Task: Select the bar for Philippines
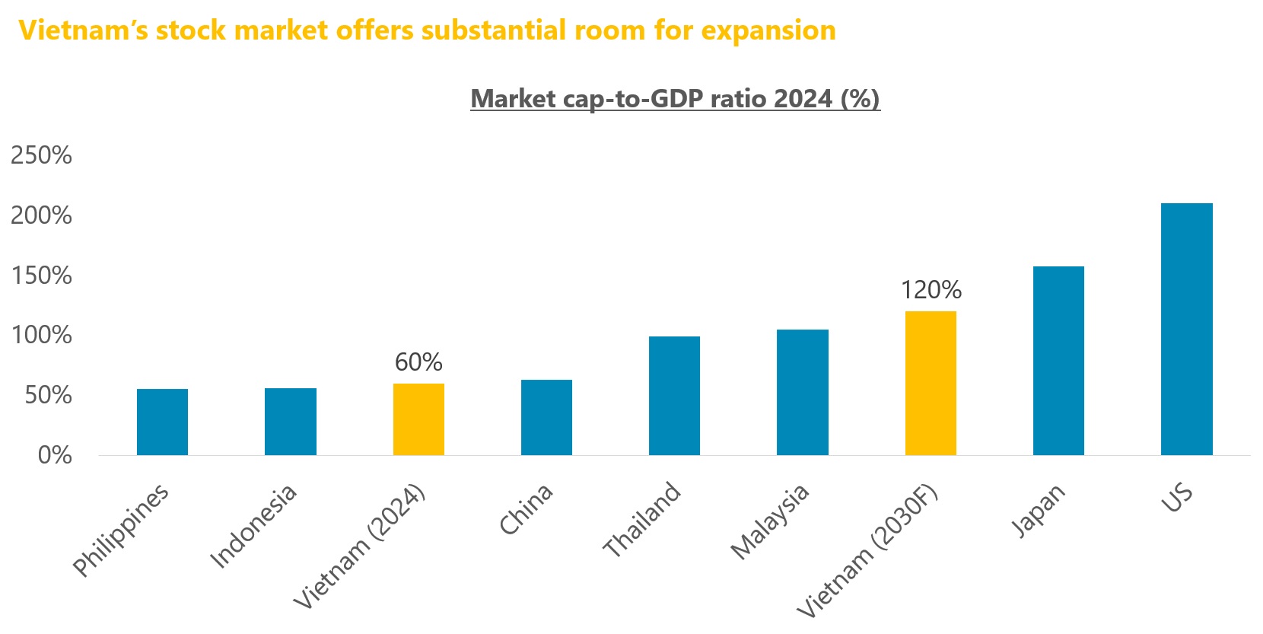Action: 162,422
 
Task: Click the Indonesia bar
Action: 290,422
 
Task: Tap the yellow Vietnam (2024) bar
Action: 418,419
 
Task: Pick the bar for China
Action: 546,417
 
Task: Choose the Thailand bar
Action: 674,396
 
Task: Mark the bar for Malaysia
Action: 802,392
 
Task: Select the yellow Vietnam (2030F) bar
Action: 931,383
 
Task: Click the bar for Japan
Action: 1058,361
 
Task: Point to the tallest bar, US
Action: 1186,329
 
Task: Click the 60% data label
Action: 418,362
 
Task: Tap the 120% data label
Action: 931,290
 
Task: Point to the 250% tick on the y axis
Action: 41,155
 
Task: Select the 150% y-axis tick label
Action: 41,276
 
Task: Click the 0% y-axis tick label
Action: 55,455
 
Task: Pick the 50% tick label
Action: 48,395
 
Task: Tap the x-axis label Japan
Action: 1038,511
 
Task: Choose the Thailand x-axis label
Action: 641,519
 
